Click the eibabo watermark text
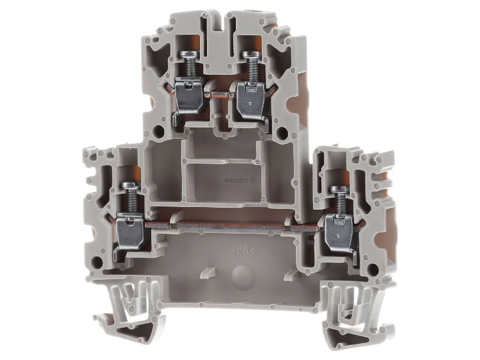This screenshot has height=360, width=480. point(240,180)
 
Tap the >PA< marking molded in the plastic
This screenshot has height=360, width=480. point(243,250)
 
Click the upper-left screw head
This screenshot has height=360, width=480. point(189,54)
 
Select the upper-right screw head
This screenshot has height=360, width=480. point(252,54)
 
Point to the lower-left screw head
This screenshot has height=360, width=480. point(131,186)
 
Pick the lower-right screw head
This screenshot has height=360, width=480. point(340,190)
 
